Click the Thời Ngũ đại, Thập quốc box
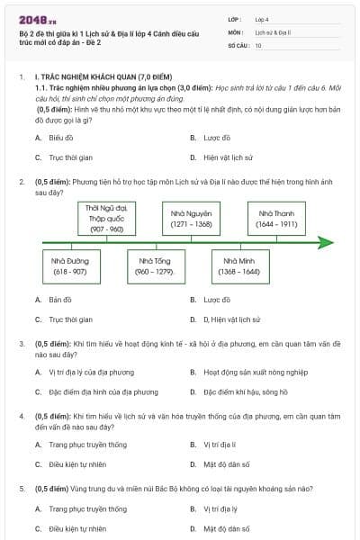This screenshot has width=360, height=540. coord(105,219)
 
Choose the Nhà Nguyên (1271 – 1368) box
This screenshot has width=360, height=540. coord(191,219)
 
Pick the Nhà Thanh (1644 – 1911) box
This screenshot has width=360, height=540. coord(276,219)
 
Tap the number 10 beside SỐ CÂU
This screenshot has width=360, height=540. coord(258,44)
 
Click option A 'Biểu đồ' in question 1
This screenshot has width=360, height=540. coord(61,138)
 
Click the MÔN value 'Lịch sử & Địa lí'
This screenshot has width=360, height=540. coord(273,31)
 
